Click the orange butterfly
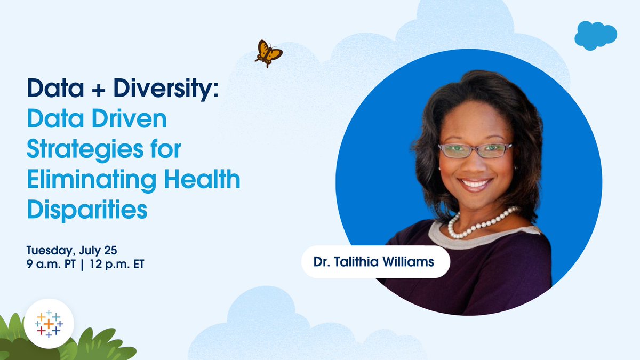click(x=268, y=53)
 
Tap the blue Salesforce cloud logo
click(x=595, y=35)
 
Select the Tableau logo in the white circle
click(x=49, y=324)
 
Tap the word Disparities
click(x=87, y=209)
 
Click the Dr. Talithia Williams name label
click(x=375, y=262)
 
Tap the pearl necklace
click(x=478, y=225)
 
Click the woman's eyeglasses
click(x=474, y=150)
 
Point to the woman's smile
click(x=475, y=184)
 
